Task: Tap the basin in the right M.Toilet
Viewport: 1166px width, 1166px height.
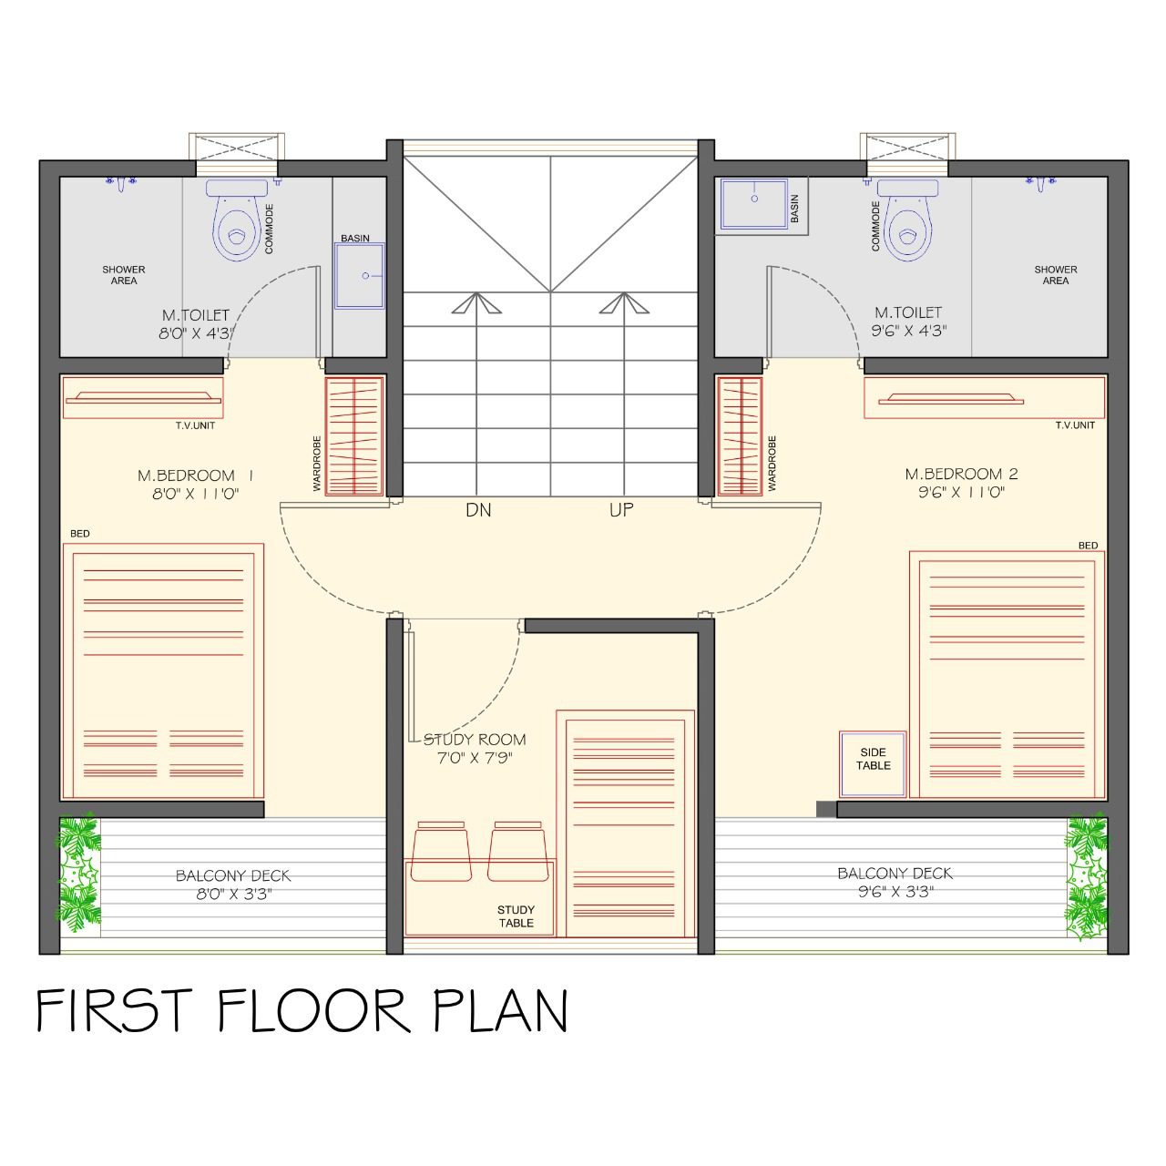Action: click(x=753, y=203)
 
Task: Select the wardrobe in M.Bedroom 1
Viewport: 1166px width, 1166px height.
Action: click(x=354, y=436)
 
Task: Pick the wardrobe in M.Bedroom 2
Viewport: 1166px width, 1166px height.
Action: click(x=740, y=436)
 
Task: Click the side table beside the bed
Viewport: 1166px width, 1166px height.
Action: click(x=873, y=763)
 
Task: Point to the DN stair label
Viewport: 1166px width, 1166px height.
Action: click(x=478, y=510)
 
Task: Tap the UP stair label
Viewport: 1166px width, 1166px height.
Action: click(x=621, y=510)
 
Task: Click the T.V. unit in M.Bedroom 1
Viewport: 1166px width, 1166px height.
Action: click(x=143, y=397)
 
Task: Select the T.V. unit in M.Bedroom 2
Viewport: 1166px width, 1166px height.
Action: click(x=985, y=397)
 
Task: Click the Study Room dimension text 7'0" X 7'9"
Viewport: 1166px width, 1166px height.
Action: click(x=475, y=758)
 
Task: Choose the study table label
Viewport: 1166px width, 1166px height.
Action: click(x=516, y=916)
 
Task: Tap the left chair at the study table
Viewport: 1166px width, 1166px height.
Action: click(x=441, y=851)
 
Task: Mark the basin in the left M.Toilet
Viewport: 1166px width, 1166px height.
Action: click(x=360, y=276)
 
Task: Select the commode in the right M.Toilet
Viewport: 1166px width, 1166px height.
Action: click(x=907, y=219)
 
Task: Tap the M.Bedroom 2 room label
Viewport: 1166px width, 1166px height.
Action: click(x=961, y=474)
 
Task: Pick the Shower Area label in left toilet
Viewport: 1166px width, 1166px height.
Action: click(x=124, y=275)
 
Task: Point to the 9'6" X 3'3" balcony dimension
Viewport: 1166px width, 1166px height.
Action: click(x=895, y=891)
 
